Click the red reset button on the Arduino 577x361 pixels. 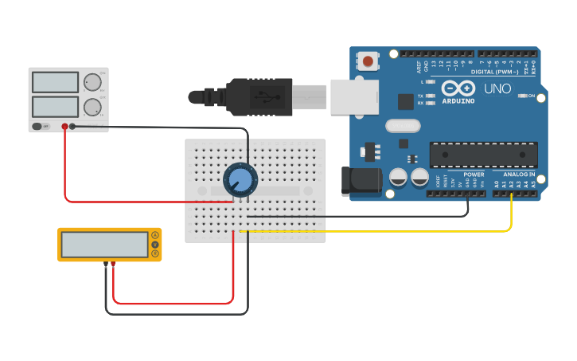(368, 61)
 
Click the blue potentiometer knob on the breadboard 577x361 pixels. (239, 179)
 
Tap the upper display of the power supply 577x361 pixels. (56, 82)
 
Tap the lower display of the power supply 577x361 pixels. (56, 107)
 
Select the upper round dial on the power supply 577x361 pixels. (93, 82)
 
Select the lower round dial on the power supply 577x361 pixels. (92, 108)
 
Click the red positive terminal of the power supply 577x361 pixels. (64, 126)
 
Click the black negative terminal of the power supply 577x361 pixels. (73, 126)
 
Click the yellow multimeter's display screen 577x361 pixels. (104, 245)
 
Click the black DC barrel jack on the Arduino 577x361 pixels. (360, 181)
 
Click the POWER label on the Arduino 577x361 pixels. (474, 175)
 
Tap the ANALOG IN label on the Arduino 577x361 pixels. (518, 175)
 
